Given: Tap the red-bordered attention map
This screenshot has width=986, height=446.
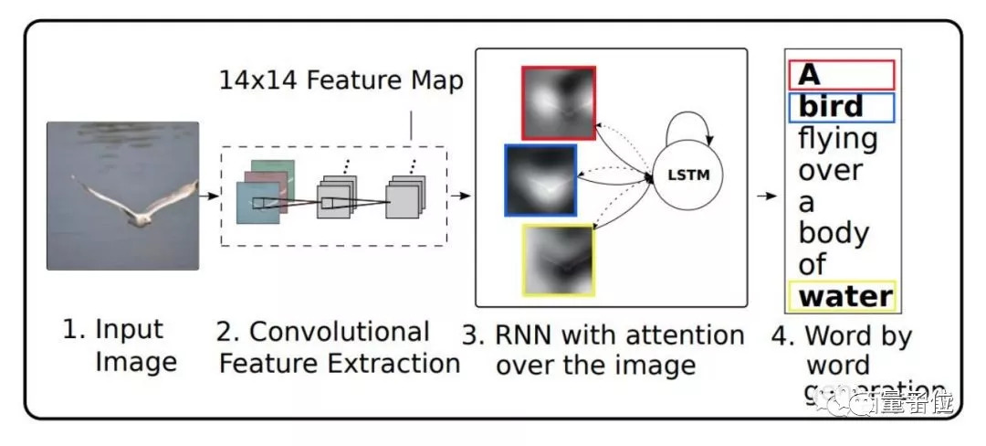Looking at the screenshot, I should [x=559, y=102].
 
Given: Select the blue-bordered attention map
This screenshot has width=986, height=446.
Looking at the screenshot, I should [x=540, y=180].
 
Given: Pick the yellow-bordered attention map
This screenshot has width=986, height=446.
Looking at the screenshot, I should [x=558, y=260].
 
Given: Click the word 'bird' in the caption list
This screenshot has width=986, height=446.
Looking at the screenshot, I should [x=831, y=107].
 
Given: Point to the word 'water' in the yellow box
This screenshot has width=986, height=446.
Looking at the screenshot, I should [x=844, y=296].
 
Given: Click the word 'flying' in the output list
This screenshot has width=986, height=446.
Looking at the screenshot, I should [x=838, y=139].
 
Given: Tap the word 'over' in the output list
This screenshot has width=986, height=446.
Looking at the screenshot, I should [x=831, y=171].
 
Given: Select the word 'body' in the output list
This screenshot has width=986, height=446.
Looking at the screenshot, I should [x=834, y=233].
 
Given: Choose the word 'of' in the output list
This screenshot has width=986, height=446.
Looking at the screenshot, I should [x=813, y=265].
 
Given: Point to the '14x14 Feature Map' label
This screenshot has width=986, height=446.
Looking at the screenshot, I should [x=341, y=80].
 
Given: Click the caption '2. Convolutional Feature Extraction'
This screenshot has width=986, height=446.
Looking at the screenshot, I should [x=339, y=346].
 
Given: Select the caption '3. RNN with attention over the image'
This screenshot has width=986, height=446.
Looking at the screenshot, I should [x=603, y=350].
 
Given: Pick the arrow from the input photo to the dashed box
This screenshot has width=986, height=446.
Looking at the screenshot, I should [x=210, y=196].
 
